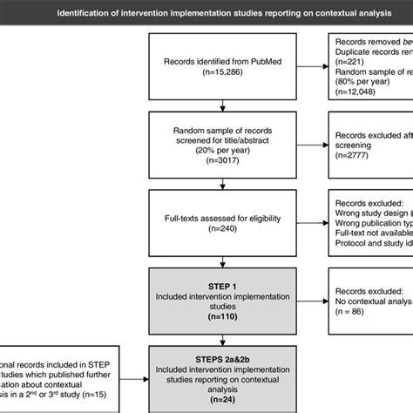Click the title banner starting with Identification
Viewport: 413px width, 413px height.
tap(206, 13)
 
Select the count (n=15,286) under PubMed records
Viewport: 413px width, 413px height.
tap(224, 75)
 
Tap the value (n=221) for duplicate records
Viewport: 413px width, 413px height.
tap(346, 64)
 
